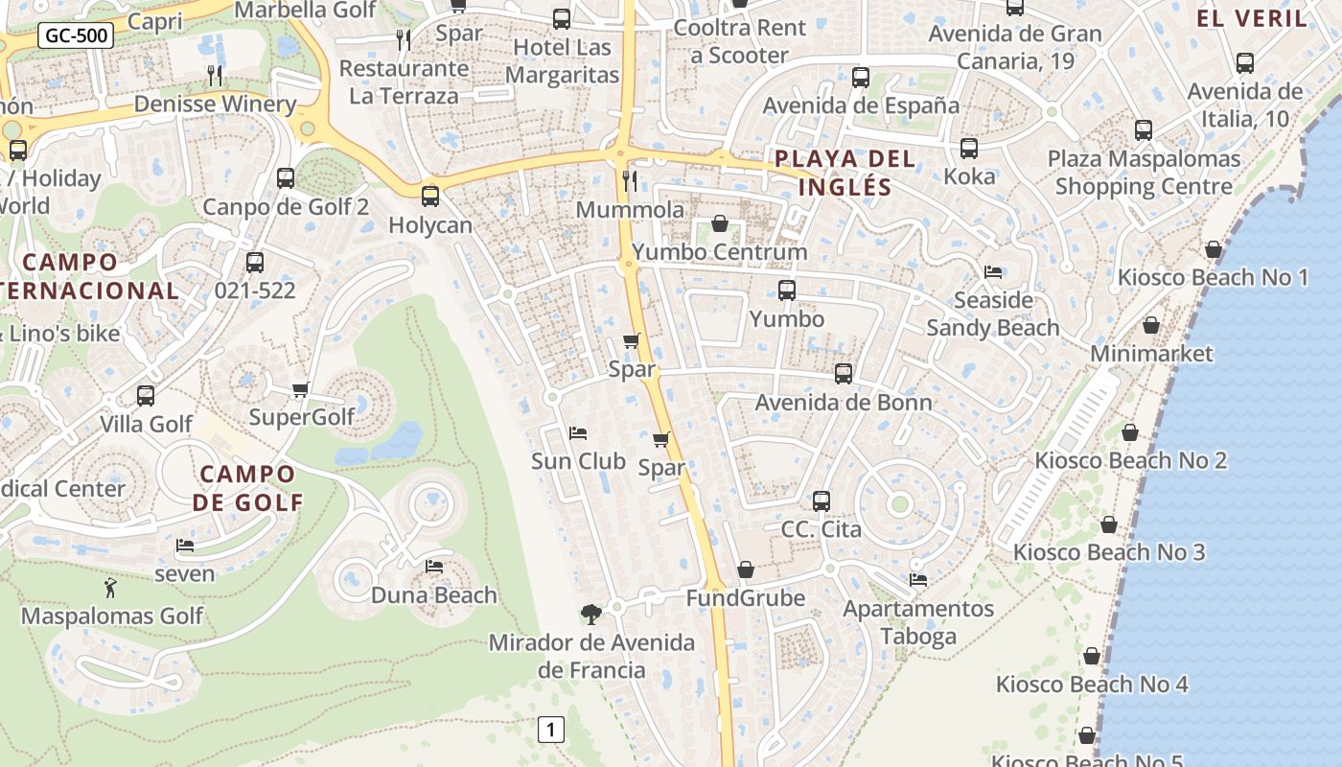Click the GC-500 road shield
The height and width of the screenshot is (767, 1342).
pos(77,36)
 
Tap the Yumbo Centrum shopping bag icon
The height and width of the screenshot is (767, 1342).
pos(719,223)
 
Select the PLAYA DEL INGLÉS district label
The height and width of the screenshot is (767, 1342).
pos(845,173)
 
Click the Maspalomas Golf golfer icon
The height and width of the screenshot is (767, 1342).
pos(110,588)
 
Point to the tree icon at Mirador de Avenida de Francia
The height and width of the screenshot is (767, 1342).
pos(591,614)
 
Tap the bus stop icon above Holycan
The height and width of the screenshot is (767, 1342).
pos(430,197)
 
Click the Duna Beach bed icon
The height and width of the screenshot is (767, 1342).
pos(434,567)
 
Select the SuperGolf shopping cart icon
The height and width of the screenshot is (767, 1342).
pos(300,389)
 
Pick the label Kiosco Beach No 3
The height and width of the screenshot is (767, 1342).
pos(1109,552)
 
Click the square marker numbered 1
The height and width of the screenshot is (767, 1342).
pos(550,730)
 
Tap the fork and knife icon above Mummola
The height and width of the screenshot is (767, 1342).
pos(630,180)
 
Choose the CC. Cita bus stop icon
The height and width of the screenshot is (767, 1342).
pos(821,500)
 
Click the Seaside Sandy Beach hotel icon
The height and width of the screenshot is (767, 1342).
pos(993,272)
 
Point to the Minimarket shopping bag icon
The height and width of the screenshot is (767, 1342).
pos(1151,326)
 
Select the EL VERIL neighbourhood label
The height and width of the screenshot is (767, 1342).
pos(1252,18)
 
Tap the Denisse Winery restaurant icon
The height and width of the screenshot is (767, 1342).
pos(215,75)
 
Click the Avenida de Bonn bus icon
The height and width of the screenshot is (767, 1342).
pos(844,374)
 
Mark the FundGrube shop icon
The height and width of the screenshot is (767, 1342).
pos(746,570)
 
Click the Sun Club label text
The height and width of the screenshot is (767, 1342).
pos(578,461)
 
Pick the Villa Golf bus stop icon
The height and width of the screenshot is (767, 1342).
pos(146,395)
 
